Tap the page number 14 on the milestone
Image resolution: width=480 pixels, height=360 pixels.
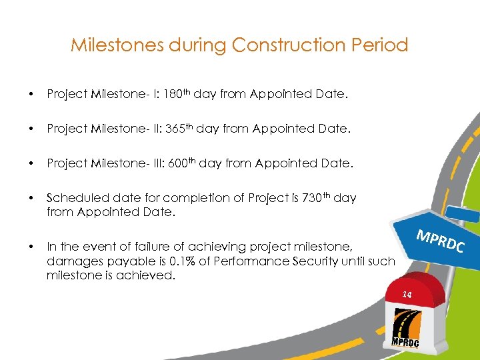tap(407, 294)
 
